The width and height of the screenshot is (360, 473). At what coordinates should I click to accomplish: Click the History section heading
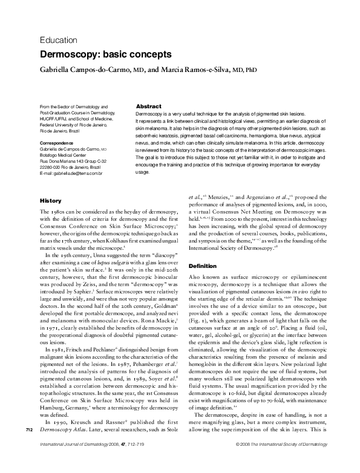pyautogui.click(x=50, y=200)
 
